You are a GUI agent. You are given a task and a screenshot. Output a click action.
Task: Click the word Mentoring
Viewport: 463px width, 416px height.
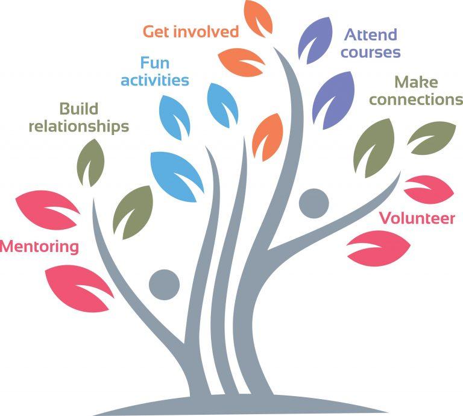(39, 247)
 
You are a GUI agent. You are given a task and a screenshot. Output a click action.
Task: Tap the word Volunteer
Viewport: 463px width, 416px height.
(417, 218)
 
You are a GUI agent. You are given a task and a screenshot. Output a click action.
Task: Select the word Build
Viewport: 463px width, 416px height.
(78, 109)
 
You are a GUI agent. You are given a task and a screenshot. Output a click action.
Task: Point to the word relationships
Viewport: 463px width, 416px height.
(78, 127)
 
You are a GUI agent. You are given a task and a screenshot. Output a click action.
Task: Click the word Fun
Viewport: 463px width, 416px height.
(154, 62)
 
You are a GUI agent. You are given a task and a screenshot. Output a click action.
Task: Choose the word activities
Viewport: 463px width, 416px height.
(155, 80)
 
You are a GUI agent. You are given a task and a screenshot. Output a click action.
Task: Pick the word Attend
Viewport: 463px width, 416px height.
(370, 35)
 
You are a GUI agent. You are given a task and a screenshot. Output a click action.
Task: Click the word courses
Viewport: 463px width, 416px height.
(370, 52)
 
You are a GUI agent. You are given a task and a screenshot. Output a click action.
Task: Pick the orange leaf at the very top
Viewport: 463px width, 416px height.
(257, 19)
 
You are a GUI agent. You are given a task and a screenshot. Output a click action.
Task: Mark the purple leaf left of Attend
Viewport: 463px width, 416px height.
(315, 37)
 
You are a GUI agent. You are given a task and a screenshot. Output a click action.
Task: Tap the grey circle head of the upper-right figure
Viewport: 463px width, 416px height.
(314, 204)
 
